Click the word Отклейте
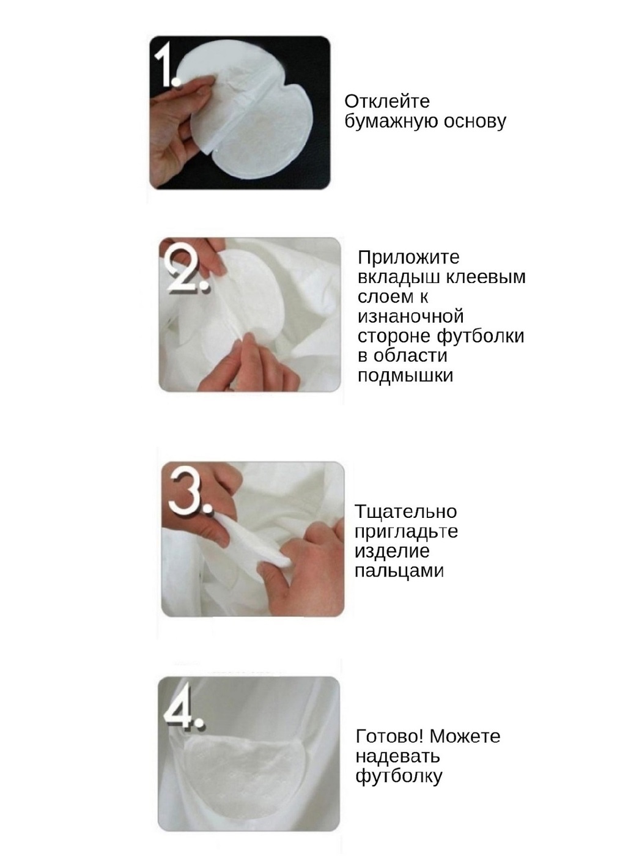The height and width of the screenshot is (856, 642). point(386,101)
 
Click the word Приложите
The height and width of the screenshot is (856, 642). point(408,258)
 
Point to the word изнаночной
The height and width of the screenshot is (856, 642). point(410,316)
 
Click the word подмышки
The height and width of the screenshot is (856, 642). point(405,375)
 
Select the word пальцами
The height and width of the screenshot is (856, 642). point(399,572)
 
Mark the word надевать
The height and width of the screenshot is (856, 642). point(397,756)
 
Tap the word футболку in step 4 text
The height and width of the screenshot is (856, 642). point(399,776)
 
